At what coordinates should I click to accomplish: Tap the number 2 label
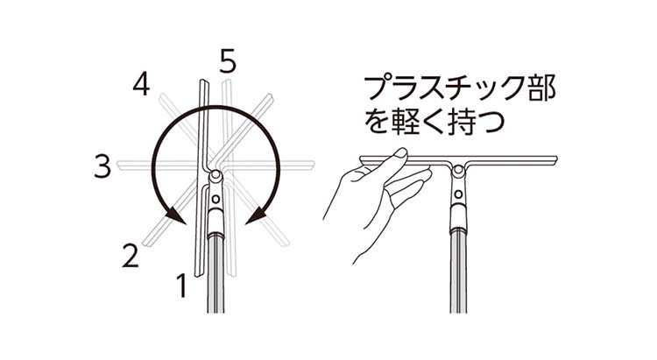click(x=130, y=256)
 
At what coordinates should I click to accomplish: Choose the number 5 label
click(x=228, y=61)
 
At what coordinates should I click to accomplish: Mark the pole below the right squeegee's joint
click(x=458, y=272)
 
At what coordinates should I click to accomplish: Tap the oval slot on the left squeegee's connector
click(x=215, y=210)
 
